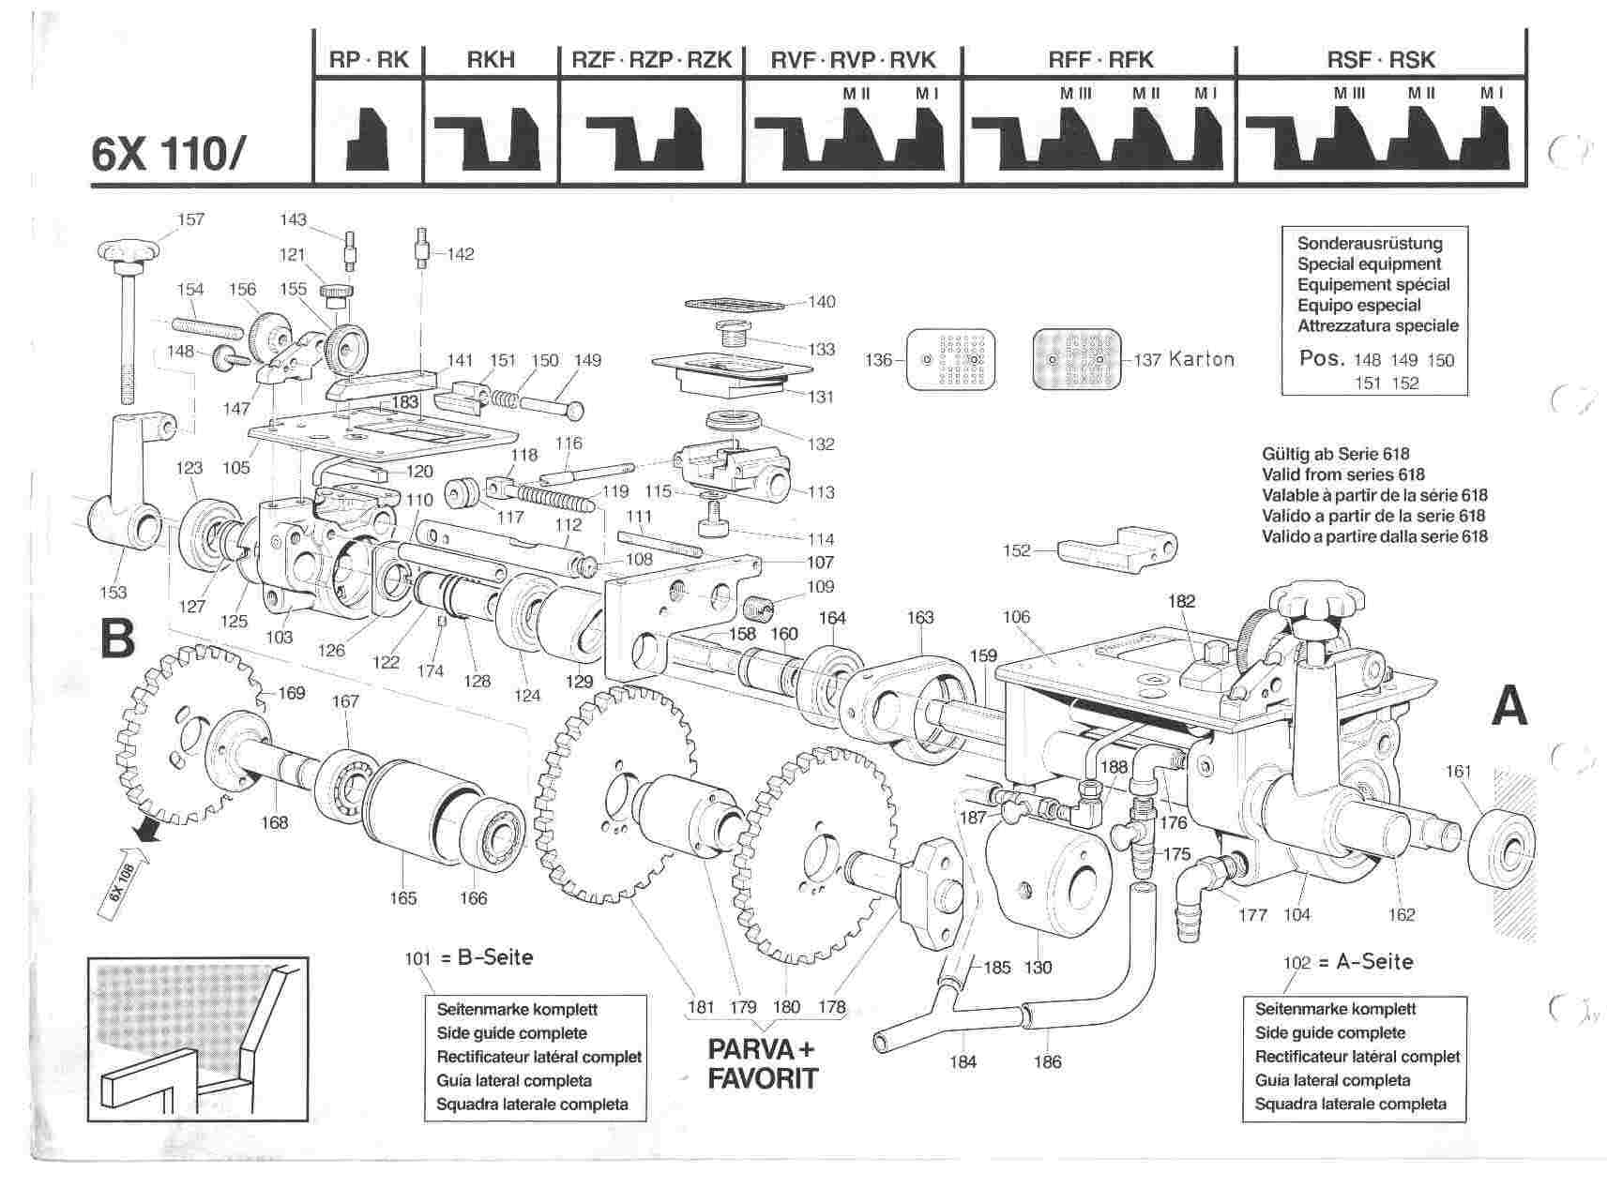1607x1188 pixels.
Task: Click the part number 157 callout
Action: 190,219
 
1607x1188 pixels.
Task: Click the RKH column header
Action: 491,60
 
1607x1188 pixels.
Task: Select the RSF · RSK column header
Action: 1381,60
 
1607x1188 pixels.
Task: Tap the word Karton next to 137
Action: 1201,359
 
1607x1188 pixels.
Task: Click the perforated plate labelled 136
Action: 951,359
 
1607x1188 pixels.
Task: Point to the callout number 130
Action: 1038,967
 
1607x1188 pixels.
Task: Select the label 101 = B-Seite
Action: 468,957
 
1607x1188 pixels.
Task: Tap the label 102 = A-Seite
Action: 1347,961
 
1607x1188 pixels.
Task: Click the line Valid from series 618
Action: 1343,474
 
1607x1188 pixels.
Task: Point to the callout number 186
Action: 1047,1061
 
